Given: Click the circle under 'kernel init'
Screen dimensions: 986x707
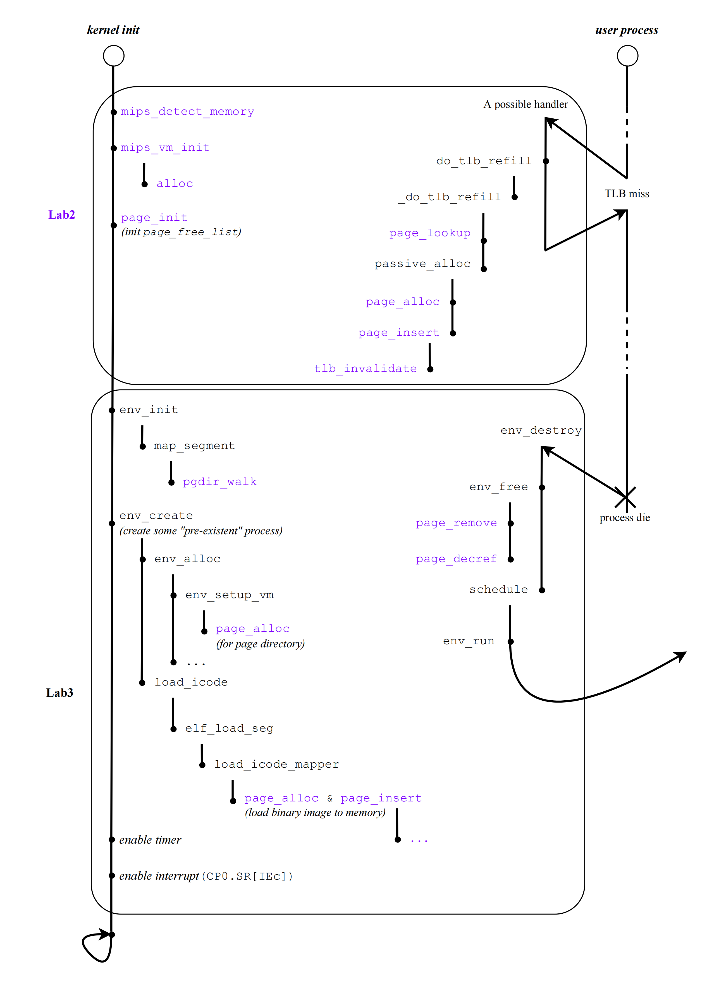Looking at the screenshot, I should (113, 56).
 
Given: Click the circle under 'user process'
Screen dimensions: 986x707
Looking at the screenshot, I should (627, 56).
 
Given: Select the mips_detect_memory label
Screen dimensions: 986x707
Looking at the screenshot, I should (187, 112).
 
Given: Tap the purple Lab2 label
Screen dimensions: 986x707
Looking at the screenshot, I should (62, 215).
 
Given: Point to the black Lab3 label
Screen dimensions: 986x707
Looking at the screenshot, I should (59, 693).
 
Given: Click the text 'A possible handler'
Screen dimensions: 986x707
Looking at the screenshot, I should (525, 104).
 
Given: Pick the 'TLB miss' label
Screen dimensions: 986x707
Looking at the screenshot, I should (627, 194).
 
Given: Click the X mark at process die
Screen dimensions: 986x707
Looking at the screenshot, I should (625, 497).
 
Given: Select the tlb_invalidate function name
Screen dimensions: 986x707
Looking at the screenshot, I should (365, 369).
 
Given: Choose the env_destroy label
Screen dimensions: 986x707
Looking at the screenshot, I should (541, 430).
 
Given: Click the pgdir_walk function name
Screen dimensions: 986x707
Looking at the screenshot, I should (219, 482).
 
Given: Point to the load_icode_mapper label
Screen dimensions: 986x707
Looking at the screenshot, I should (276, 764).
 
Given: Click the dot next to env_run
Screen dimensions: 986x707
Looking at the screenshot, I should (510, 642).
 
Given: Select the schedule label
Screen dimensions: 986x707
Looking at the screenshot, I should (498, 589).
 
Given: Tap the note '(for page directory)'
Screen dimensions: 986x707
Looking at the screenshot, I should (260, 644).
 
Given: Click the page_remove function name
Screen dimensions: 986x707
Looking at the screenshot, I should (456, 523).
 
